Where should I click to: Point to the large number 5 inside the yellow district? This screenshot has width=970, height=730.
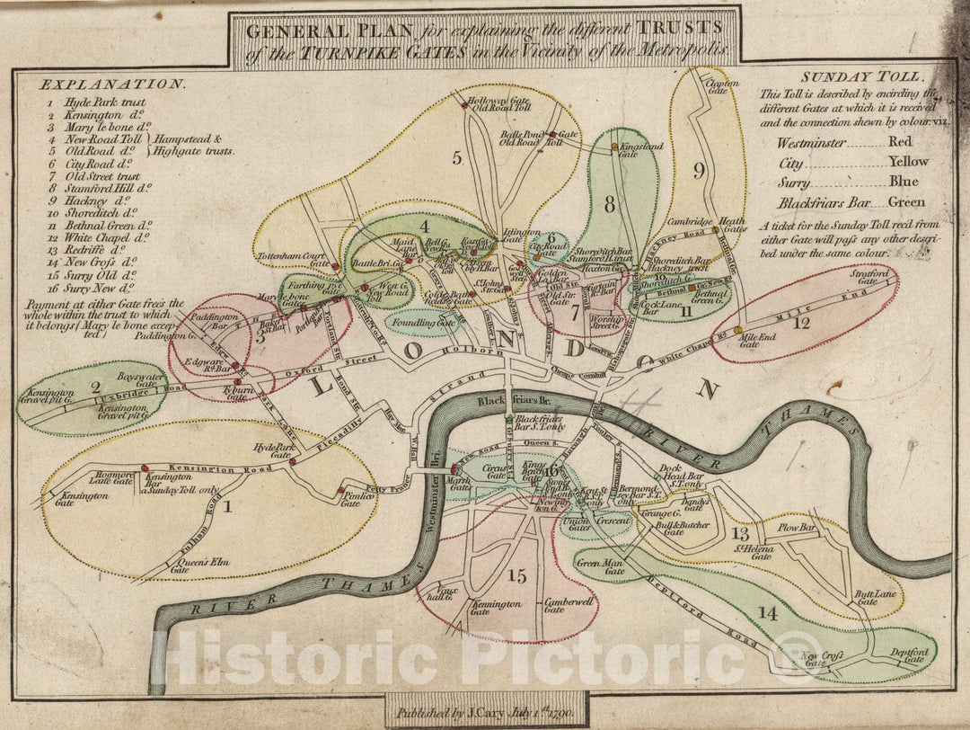pyautogui.click(x=457, y=159)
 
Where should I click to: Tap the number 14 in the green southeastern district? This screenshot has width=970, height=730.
pyautogui.click(x=766, y=612)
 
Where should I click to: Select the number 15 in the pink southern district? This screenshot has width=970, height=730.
pyautogui.click(x=516, y=576)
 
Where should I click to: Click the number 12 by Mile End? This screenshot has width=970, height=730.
pyautogui.click(x=801, y=323)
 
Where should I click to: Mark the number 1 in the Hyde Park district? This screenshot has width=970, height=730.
pyautogui.click(x=227, y=506)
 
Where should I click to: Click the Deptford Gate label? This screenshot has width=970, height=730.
pyautogui.click(x=907, y=655)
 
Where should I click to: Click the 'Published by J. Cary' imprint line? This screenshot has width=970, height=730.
pyautogui.click(x=485, y=713)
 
